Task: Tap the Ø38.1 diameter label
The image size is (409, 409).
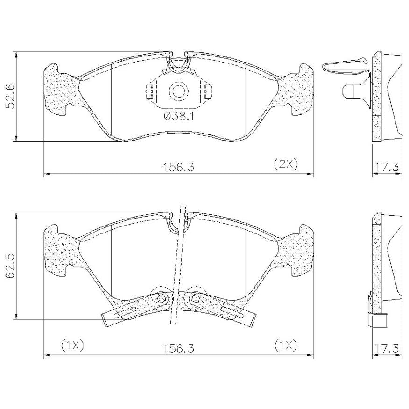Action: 179,116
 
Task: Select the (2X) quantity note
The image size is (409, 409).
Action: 286,164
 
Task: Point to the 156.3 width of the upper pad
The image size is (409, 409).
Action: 179,167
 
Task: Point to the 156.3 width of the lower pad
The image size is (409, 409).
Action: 179,348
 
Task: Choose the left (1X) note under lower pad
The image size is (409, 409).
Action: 72,346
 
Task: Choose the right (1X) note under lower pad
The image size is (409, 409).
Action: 286,346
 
